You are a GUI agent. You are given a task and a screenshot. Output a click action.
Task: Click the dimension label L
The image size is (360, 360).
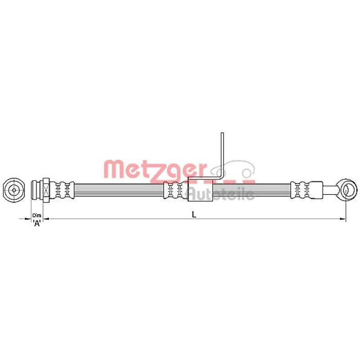194,215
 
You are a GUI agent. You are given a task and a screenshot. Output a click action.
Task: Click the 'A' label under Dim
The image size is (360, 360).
37,224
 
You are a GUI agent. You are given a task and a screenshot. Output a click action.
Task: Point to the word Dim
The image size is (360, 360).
37,216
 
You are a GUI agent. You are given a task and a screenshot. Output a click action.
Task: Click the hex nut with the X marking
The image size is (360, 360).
45,189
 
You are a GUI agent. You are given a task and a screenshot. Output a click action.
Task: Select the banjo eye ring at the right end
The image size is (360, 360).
346,189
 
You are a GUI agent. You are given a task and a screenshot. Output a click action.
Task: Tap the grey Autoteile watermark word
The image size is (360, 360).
220,194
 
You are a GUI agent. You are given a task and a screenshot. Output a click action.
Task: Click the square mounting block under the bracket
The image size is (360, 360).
200,189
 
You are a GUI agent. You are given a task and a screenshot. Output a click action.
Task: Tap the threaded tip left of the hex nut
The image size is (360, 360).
36,189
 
